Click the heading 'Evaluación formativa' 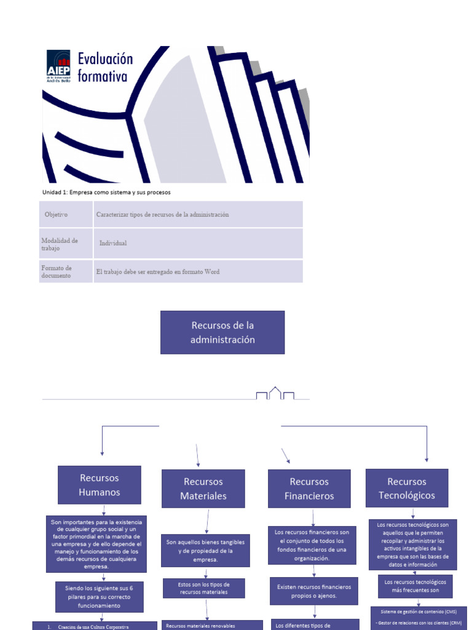104,68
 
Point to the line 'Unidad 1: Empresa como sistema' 106,192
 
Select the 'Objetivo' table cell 56,215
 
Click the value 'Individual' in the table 113,243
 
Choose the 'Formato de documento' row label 57,271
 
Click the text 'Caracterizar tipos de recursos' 162,215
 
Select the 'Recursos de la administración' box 222,332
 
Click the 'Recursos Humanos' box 99,485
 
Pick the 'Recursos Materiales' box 203,488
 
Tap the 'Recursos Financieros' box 309,488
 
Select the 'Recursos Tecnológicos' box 407,488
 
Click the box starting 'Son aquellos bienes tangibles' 205,550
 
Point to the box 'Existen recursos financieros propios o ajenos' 314,591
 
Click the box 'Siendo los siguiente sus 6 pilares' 100,597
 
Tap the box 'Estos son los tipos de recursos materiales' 204,588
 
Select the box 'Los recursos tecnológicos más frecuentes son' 415,586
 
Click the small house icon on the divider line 275,393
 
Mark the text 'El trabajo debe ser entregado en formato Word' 158,271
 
